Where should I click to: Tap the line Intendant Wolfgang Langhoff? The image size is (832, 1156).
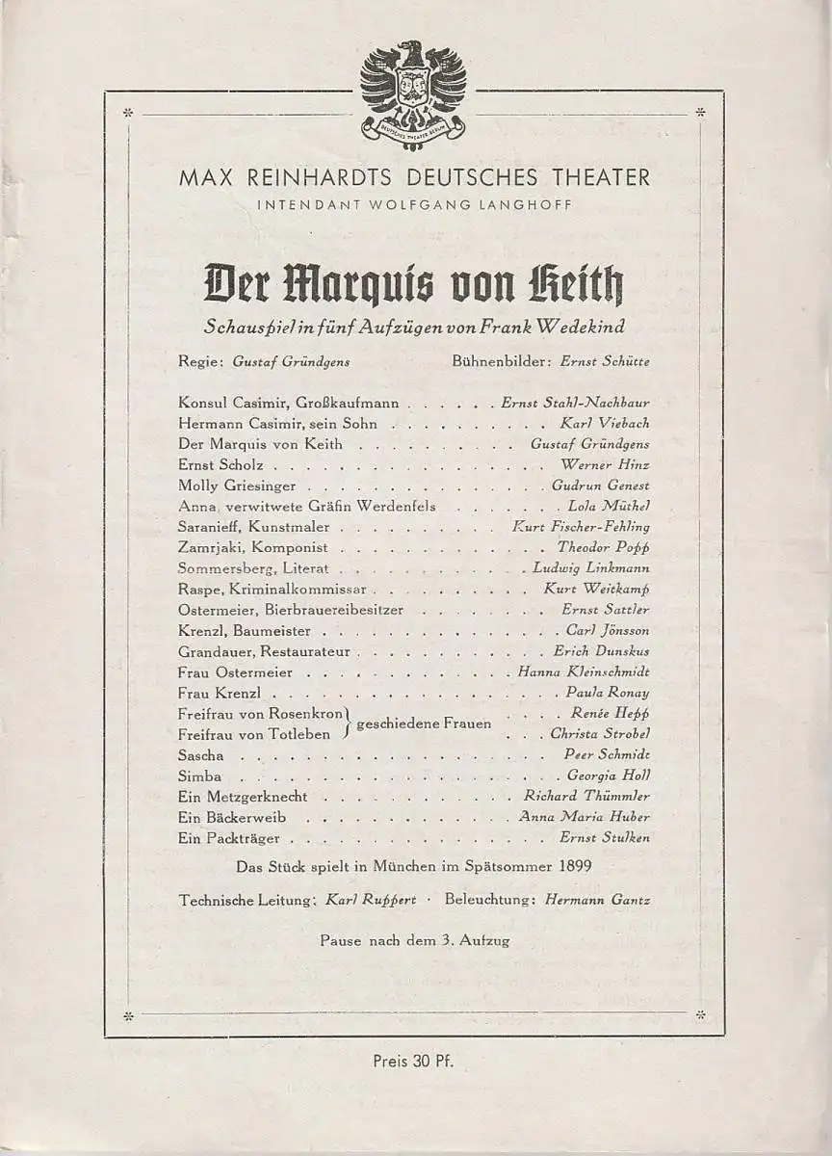(x=414, y=203)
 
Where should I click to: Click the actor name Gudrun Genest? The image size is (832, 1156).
(x=601, y=486)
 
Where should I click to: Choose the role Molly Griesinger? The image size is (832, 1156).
(x=237, y=486)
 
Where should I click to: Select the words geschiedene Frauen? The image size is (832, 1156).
(x=425, y=723)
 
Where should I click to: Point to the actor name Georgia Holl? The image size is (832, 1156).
(x=609, y=775)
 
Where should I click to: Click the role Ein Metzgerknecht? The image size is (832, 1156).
(x=243, y=797)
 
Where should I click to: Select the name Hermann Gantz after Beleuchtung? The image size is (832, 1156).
(x=597, y=900)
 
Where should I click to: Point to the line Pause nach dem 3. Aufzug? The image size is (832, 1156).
(x=414, y=940)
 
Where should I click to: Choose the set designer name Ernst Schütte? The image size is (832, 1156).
(x=606, y=361)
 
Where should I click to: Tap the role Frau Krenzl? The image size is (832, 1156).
(x=221, y=693)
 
